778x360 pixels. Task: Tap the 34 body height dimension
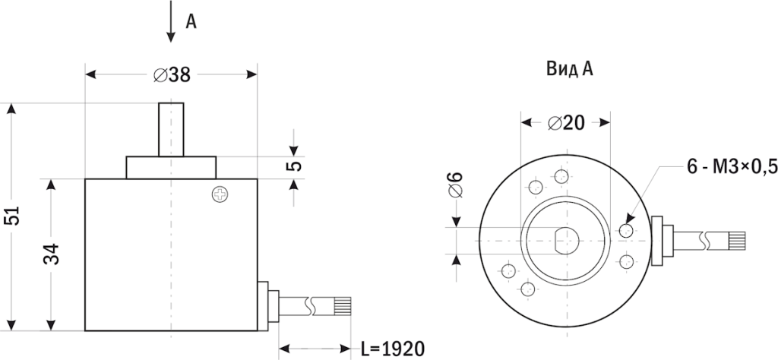click(51, 254)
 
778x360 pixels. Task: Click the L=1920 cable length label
click(392, 349)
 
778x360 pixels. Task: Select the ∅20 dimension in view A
click(565, 123)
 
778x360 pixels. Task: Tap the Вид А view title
click(569, 69)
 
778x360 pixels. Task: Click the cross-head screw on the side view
click(220, 195)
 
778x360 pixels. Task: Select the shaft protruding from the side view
click(171, 129)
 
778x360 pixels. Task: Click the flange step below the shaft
click(171, 167)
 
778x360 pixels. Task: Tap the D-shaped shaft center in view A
click(565, 240)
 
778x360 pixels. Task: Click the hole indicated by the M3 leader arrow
click(627, 229)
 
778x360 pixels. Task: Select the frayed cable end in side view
click(341, 306)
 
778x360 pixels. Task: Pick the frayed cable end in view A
click(738, 241)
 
